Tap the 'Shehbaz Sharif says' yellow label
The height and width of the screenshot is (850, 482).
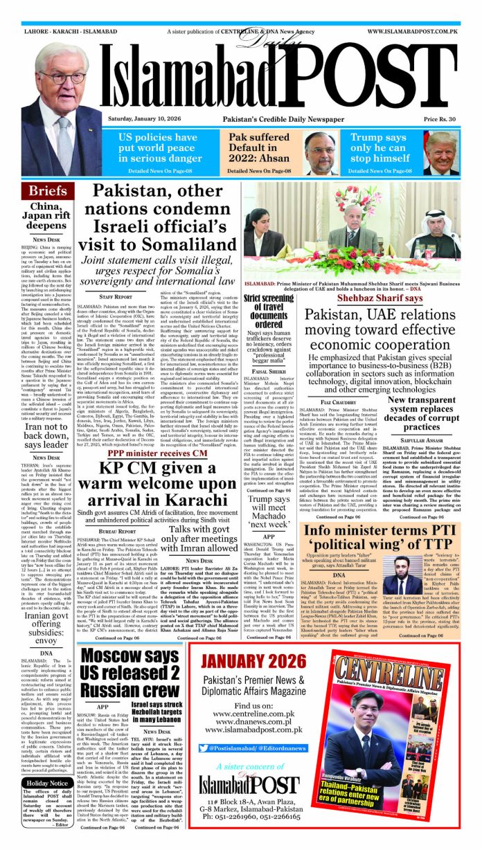point(380,279)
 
